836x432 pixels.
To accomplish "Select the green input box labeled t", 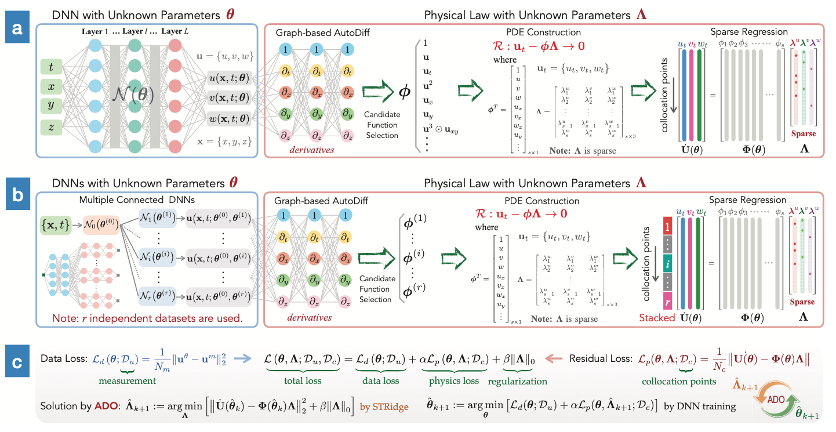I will click(x=51, y=68).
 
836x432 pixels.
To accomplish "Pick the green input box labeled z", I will click(x=51, y=126).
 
